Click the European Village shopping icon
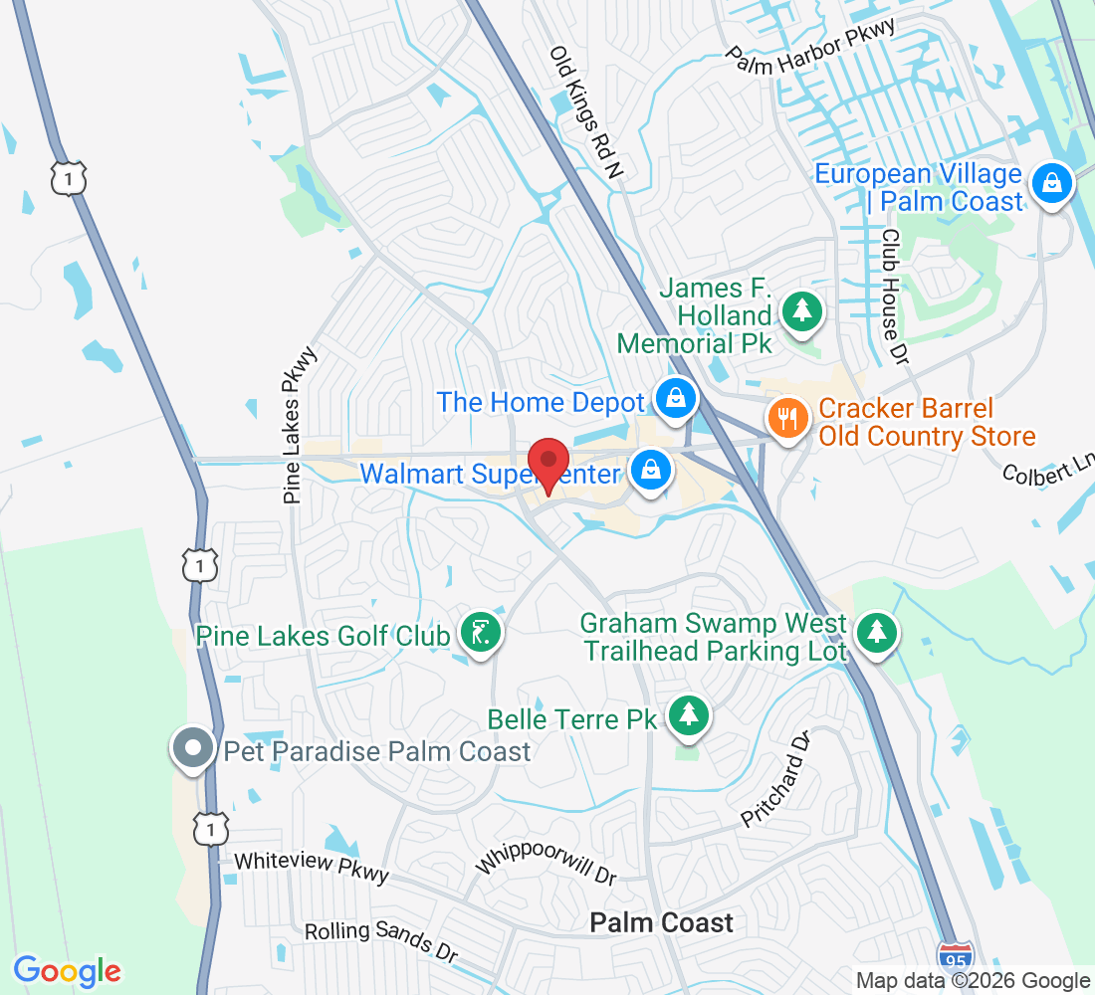pos(1050,183)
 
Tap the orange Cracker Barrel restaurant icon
pos(788,417)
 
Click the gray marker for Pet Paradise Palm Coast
pos(193,746)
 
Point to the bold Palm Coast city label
pos(661,923)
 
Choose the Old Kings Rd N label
pos(586,112)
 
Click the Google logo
pos(67,970)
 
